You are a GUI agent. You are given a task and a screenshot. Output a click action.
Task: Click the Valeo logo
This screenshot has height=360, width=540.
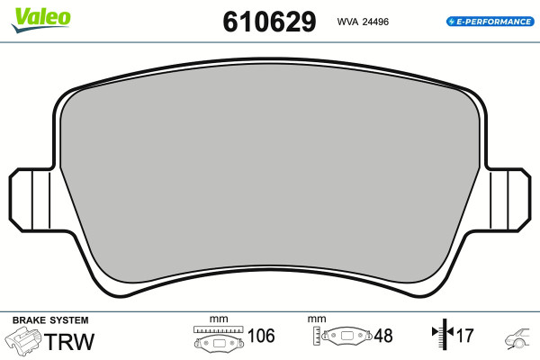coord(41,20)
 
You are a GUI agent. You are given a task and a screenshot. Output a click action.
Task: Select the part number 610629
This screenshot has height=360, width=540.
coord(269,22)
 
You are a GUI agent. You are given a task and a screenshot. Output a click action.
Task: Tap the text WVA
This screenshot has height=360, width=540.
coord(347,22)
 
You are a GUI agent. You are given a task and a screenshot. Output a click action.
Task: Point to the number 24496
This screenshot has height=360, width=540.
coord(375,22)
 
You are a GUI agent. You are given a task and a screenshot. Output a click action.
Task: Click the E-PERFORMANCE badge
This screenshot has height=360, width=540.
coord(490,22)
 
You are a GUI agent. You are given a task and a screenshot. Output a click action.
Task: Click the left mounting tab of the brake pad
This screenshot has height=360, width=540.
coord(31,200)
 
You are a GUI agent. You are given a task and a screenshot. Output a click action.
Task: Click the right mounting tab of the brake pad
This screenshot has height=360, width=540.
coord(508,200)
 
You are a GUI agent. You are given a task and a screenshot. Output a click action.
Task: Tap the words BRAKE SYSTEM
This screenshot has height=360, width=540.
coord(50,320)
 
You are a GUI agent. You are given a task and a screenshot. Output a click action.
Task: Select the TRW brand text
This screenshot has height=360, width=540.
coord(69,341)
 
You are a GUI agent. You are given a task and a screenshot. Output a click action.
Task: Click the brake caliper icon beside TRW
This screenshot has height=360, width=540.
coord(23,339)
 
